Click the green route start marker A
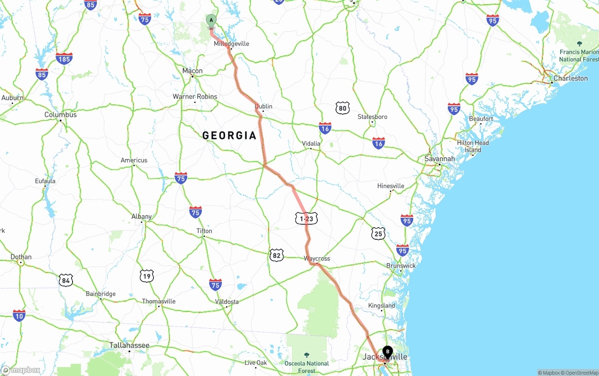[211, 21]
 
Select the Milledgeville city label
[231, 44]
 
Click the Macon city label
[192, 71]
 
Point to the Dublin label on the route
[263, 106]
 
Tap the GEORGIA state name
[229, 136]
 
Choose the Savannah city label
[439, 159]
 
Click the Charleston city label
[570, 78]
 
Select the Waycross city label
[317, 258]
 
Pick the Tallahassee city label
[129, 346]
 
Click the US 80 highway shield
[343, 108]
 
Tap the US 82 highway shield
[277, 255]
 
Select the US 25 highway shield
[379, 233]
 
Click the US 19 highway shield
[146, 276]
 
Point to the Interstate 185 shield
[64, 59]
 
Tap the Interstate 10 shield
[19, 316]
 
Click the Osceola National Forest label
[307, 367]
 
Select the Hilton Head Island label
[473, 146]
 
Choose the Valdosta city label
[227, 302]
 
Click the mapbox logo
[21, 370]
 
